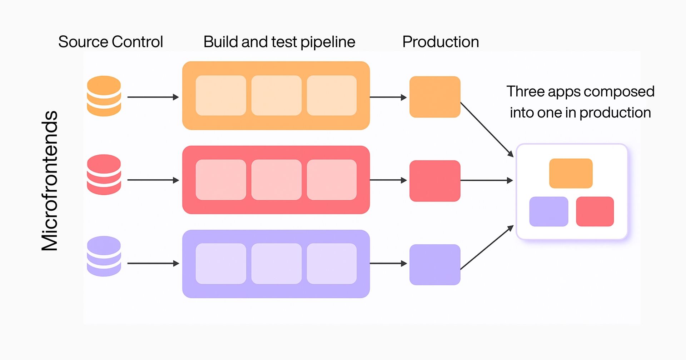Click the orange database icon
coord(104,96)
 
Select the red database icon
coord(104,174)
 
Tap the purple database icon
coord(104,256)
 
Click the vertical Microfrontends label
coord(50,180)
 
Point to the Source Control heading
coord(110,42)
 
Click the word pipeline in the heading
coord(328,42)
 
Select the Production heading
coord(440,42)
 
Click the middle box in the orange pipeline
coord(276,95)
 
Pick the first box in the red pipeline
coord(221,180)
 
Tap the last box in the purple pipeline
coord(332,264)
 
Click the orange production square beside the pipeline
coord(434,97)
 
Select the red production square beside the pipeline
coord(434,181)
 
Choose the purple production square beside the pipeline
coord(434,264)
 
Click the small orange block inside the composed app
coord(571,173)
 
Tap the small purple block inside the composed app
coord(548,211)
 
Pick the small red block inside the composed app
coord(595,211)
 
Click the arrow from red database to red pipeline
coord(153,180)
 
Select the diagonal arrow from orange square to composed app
coord(487,130)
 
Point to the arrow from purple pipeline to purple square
coord(388,264)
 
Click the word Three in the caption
coord(525,92)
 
